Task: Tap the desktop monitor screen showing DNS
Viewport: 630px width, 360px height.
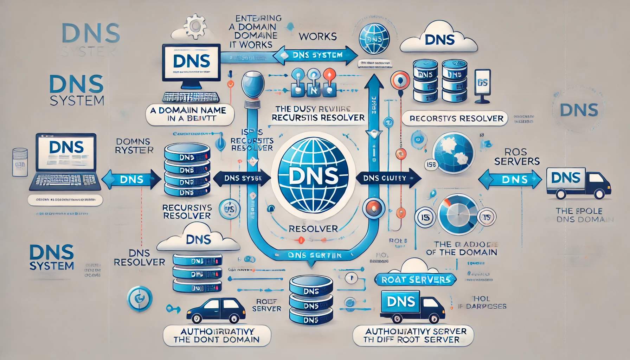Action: [x=192, y=62]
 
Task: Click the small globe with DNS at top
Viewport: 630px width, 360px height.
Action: [x=374, y=39]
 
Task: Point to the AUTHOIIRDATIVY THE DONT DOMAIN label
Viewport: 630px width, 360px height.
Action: [x=217, y=335]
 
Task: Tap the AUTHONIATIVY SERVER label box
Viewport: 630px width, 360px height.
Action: [x=413, y=335]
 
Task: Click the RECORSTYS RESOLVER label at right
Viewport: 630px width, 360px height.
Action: [x=456, y=118]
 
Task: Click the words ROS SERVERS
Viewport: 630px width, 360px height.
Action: [x=516, y=156]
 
